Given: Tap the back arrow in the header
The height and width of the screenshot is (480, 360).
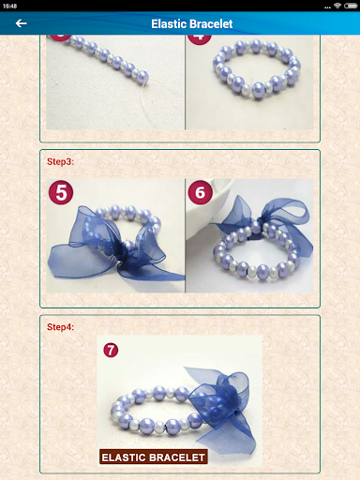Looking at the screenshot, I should pos(21,23).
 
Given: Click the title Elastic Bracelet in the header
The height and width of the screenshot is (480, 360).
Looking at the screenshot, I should pos(191,23).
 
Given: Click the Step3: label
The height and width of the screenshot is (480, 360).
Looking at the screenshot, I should pos(61,162).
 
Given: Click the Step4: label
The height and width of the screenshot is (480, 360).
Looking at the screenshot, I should pos(61,327).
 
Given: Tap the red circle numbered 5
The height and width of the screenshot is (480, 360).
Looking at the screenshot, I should pos(61,193).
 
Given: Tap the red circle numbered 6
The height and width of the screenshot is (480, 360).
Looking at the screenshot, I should pos(200,193).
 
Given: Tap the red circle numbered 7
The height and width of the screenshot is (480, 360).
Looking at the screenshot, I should pos(112,350).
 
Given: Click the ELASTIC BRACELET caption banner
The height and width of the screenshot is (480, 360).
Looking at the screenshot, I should pos(154,457).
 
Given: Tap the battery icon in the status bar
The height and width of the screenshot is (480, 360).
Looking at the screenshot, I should pos(352,5).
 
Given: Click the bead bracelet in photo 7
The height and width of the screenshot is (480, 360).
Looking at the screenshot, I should pos(150,412).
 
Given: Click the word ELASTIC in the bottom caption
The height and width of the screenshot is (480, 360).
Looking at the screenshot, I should pos(123,457).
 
